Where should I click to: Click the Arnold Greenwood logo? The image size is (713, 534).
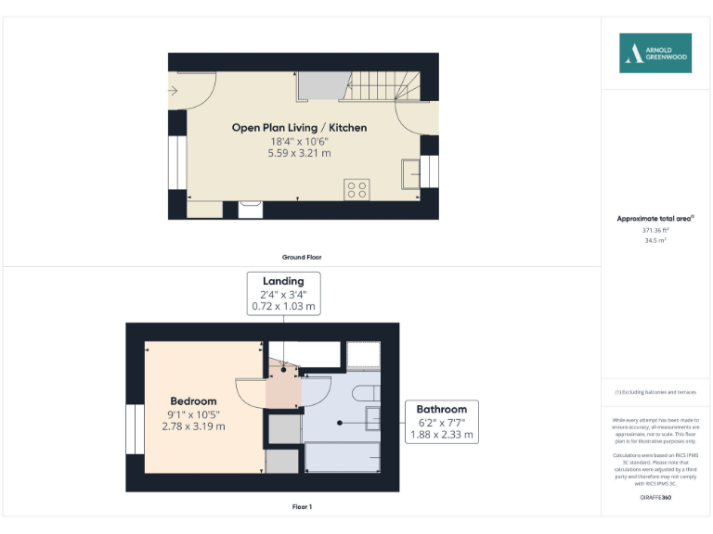(655, 53)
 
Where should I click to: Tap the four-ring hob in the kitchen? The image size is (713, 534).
(357, 189)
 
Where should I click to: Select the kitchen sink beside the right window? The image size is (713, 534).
(409, 172)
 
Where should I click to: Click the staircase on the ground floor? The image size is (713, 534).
(382, 87)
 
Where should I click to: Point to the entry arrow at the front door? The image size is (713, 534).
(174, 90)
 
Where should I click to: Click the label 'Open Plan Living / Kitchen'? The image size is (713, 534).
(299, 127)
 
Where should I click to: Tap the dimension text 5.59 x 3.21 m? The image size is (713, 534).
(299, 153)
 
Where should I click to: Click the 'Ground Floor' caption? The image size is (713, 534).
(302, 257)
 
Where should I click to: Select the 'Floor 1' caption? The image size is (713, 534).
(302, 507)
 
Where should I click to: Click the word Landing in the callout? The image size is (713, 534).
(283, 281)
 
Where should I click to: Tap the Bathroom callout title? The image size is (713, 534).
(441, 409)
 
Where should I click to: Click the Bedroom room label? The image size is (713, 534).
(193, 401)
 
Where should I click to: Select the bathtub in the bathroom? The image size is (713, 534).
(343, 457)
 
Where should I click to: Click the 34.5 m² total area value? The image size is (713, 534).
(655, 240)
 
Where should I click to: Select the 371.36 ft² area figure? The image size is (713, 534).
(655, 230)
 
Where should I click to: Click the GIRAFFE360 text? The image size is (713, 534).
(655, 498)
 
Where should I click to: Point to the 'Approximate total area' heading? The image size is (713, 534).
(655, 219)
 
